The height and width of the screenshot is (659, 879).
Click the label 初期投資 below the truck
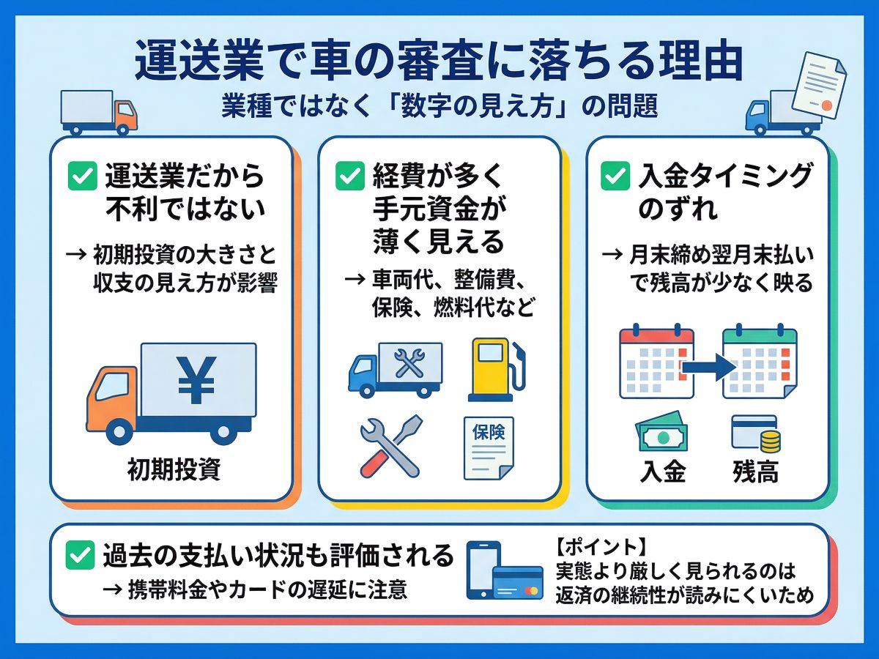tap(174, 469)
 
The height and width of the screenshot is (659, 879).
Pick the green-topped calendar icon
tap(760, 362)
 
